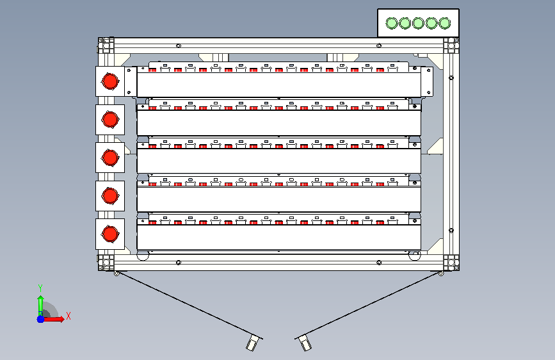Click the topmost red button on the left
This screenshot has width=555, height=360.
[x=110, y=81]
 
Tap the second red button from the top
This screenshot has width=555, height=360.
[x=110, y=119]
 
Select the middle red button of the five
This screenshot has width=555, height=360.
[x=110, y=158]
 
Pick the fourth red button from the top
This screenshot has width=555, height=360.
[x=110, y=195]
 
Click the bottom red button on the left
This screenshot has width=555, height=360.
[x=110, y=234]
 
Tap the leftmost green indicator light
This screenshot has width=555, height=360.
[x=392, y=23]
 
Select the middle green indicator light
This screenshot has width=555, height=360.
[x=418, y=23]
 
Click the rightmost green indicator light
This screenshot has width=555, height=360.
[x=444, y=23]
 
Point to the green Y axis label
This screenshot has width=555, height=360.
[x=40, y=288]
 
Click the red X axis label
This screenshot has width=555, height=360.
[x=68, y=316]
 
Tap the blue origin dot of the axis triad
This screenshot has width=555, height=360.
[x=41, y=319]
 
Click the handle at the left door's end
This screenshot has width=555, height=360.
[x=252, y=343]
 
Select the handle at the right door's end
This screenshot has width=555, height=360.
[x=305, y=343]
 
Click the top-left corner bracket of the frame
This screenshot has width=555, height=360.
[x=106, y=45]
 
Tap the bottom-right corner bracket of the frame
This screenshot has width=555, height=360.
[x=451, y=263]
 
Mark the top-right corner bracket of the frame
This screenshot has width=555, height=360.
[x=451, y=45]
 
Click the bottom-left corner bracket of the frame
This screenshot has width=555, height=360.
[x=106, y=263]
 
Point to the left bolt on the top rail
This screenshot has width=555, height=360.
[x=179, y=45]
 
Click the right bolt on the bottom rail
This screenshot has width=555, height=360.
[x=379, y=263]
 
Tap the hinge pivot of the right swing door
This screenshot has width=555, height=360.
[x=440, y=274]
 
